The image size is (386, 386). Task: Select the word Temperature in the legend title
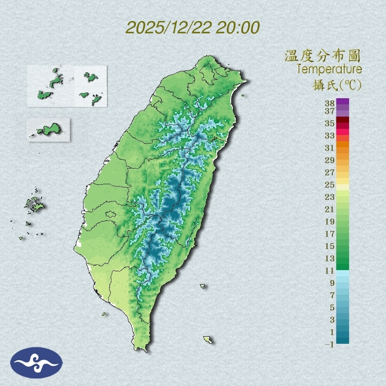point(329,69)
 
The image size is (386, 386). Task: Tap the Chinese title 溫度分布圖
point(323,56)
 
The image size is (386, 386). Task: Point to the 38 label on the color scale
point(330,104)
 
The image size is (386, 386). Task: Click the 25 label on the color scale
point(330,184)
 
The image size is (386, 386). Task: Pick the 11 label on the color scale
point(330,271)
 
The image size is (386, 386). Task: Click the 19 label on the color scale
point(330,221)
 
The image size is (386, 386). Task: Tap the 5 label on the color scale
point(332,307)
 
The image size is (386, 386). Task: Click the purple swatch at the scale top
point(343,101)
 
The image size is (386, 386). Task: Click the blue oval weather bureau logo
point(36,363)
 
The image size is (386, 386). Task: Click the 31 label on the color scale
point(330,147)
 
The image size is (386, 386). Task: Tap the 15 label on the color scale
point(330,246)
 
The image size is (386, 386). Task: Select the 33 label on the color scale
point(330,135)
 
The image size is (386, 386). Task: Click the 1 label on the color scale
point(332,332)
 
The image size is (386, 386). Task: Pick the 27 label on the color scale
point(330,172)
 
